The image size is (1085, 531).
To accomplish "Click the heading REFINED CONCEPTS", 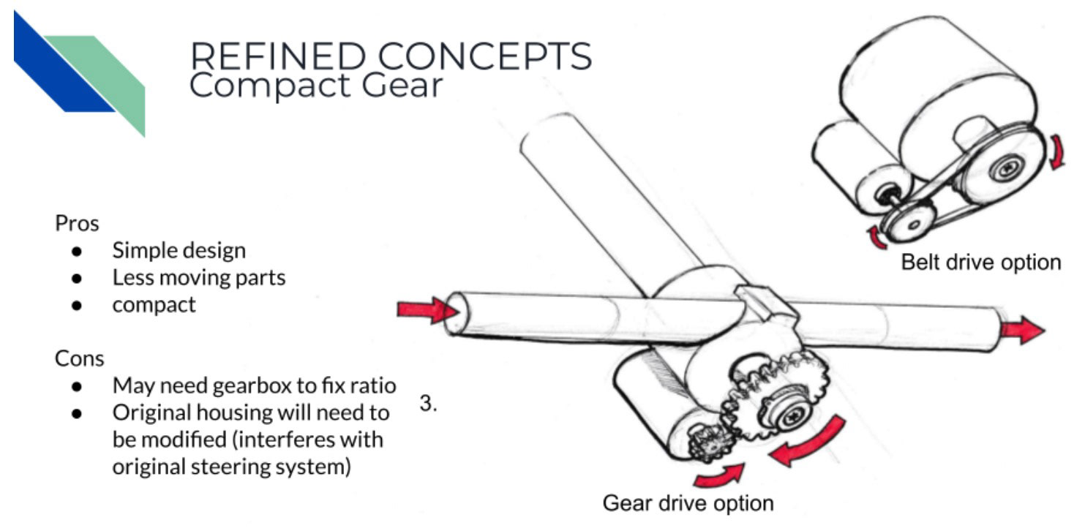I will click(x=390, y=57).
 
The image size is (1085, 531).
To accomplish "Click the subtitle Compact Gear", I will click(x=316, y=86).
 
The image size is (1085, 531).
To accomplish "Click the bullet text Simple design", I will click(x=179, y=250).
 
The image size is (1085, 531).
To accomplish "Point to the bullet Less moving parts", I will click(x=198, y=277).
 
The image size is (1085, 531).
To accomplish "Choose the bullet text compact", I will click(x=154, y=304).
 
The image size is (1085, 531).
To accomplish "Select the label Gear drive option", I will click(x=687, y=504).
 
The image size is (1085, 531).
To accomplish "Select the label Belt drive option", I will click(x=980, y=262).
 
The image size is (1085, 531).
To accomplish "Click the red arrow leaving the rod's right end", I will click(x=1021, y=330).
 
